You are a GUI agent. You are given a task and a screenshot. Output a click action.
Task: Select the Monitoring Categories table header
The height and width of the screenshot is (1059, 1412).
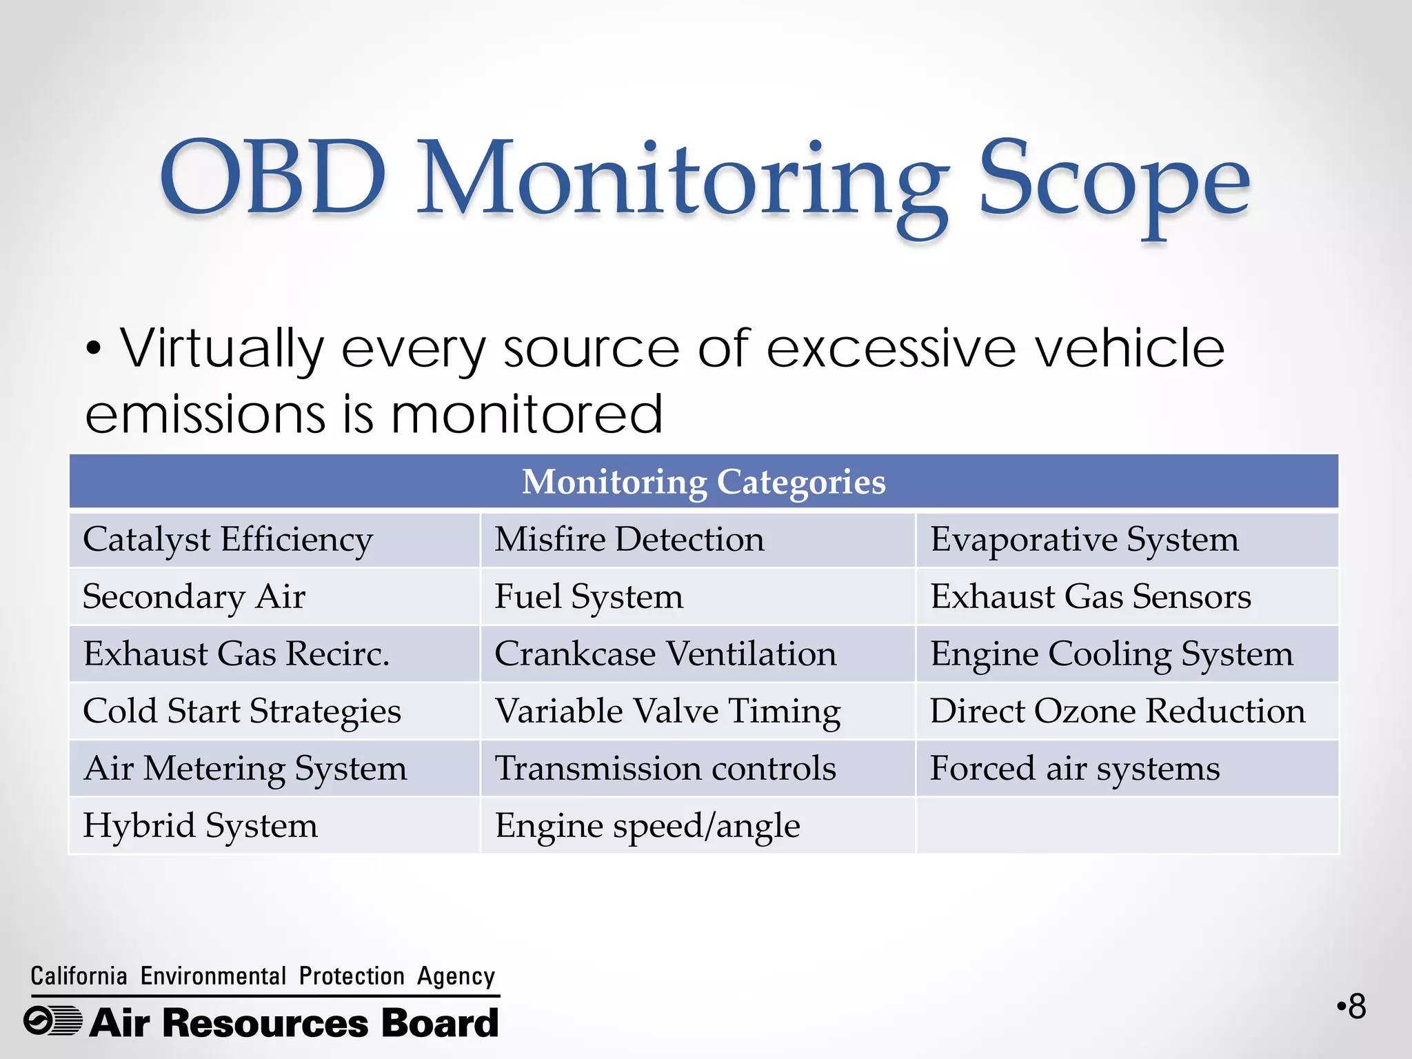[703, 481]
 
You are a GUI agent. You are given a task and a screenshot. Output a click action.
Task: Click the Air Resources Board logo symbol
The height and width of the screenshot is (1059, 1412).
[53, 1021]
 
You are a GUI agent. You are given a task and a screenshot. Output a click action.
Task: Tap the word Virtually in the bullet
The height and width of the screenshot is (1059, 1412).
[222, 349]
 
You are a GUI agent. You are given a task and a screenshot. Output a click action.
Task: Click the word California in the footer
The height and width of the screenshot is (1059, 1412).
[79, 976]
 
